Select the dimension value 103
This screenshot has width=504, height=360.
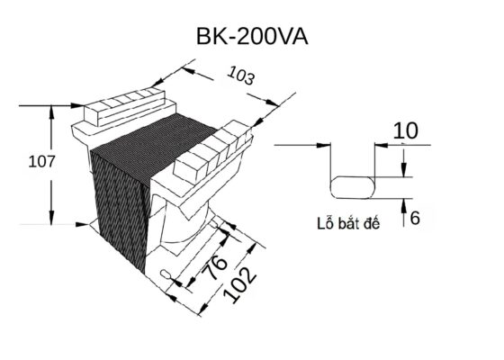(x=241, y=77)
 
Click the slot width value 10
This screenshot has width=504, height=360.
(x=406, y=130)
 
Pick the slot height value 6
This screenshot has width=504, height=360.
(x=414, y=217)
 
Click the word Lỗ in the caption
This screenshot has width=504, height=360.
(x=326, y=223)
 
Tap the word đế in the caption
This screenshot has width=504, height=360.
(x=370, y=223)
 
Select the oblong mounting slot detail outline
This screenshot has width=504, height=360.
(x=355, y=187)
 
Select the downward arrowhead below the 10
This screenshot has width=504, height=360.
(x=405, y=170)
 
